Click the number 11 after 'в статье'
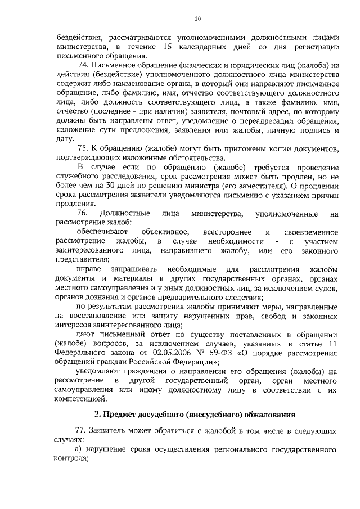coord(333,344)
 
